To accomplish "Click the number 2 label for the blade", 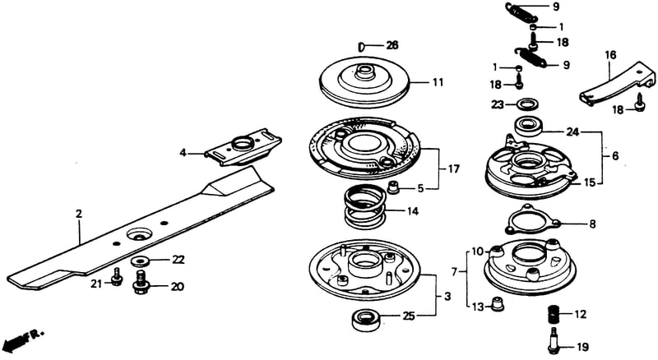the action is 78,214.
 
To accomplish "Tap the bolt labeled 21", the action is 117,277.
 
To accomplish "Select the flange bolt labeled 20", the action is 141,281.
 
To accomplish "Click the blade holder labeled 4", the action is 243,148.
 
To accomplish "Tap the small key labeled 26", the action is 360,47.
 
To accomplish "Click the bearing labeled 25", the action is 364,320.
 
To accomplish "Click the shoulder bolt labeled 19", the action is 554,341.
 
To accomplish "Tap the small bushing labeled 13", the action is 498,305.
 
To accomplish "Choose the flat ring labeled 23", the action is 527,104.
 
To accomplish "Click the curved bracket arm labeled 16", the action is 617,84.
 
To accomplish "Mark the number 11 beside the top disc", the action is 438,82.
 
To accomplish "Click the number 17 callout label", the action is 454,169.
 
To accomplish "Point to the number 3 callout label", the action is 447,297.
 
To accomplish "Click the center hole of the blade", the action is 138,234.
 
